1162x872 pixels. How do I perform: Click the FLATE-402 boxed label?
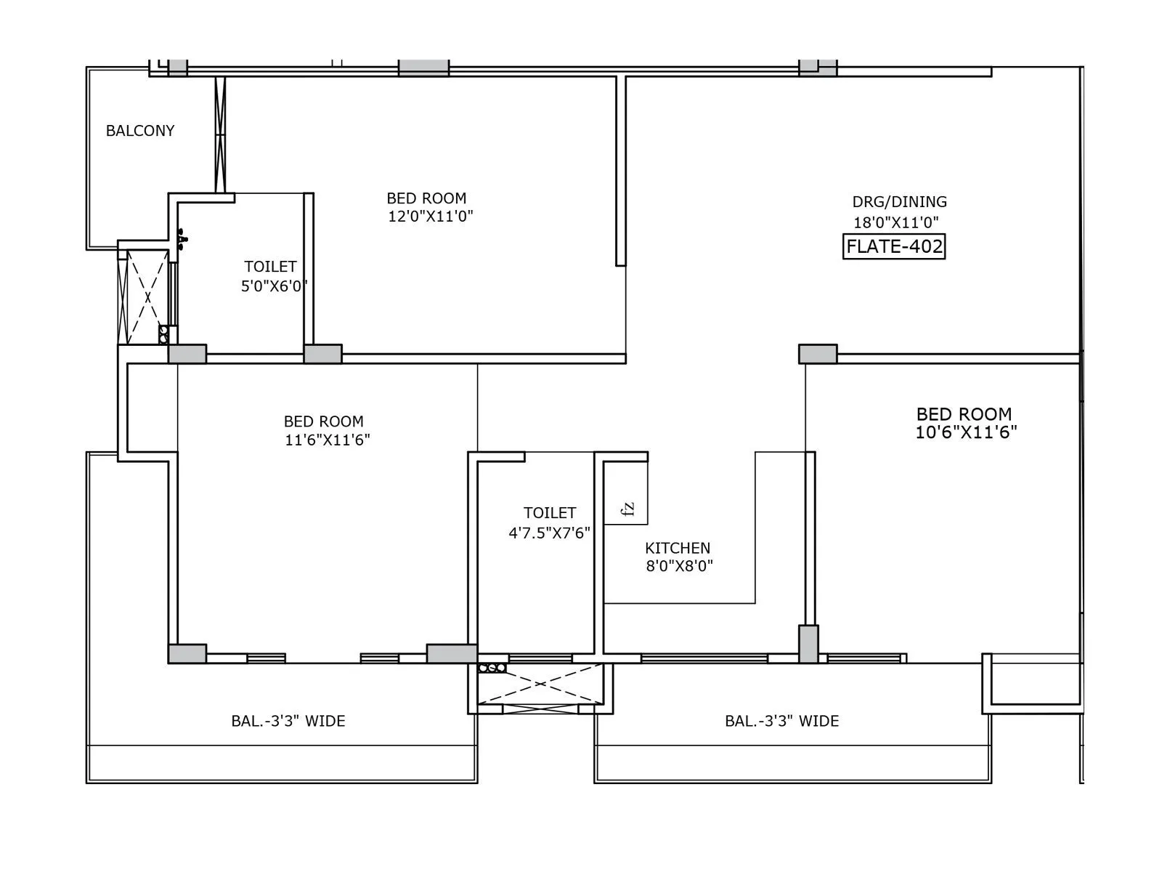click(894, 246)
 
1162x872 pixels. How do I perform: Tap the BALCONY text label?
click(140, 131)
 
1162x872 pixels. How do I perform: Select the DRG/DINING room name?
click(899, 201)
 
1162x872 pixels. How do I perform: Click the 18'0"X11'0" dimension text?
click(895, 222)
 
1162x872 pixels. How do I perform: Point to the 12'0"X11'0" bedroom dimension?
click(430, 216)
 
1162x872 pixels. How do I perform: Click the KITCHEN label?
click(677, 548)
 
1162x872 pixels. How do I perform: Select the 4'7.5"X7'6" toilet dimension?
click(549, 533)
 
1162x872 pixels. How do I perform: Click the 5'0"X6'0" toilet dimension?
click(273, 286)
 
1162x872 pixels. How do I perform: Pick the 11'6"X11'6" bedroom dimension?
click(327, 440)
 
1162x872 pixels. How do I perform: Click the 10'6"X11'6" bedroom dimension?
click(965, 432)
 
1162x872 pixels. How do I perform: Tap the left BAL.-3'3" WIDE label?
click(288, 721)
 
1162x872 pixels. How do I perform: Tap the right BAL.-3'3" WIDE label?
click(781, 721)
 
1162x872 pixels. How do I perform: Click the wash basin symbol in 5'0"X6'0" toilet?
click(182, 238)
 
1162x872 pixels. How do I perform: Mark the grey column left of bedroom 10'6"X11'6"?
click(818, 354)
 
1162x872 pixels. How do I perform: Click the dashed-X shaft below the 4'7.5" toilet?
click(541, 685)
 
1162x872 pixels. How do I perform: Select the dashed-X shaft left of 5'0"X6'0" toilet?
click(147, 296)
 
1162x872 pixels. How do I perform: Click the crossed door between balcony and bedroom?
click(220, 134)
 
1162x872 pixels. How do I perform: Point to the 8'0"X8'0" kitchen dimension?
click(679, 566)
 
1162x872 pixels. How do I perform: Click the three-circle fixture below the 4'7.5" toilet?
click(492, 668)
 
